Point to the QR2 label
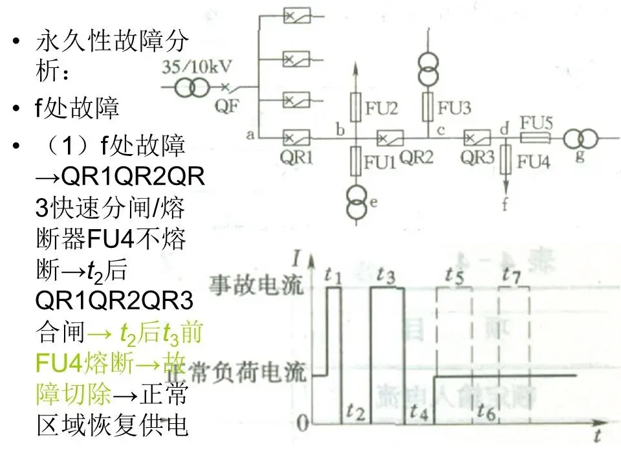pos(416,157)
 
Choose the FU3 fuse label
pos(454,107)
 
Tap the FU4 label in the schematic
pos(533,161)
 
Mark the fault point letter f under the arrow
pos(505,206)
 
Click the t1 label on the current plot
pos(333,276)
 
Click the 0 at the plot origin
pos(302,423)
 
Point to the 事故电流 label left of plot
pos(256,285)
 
